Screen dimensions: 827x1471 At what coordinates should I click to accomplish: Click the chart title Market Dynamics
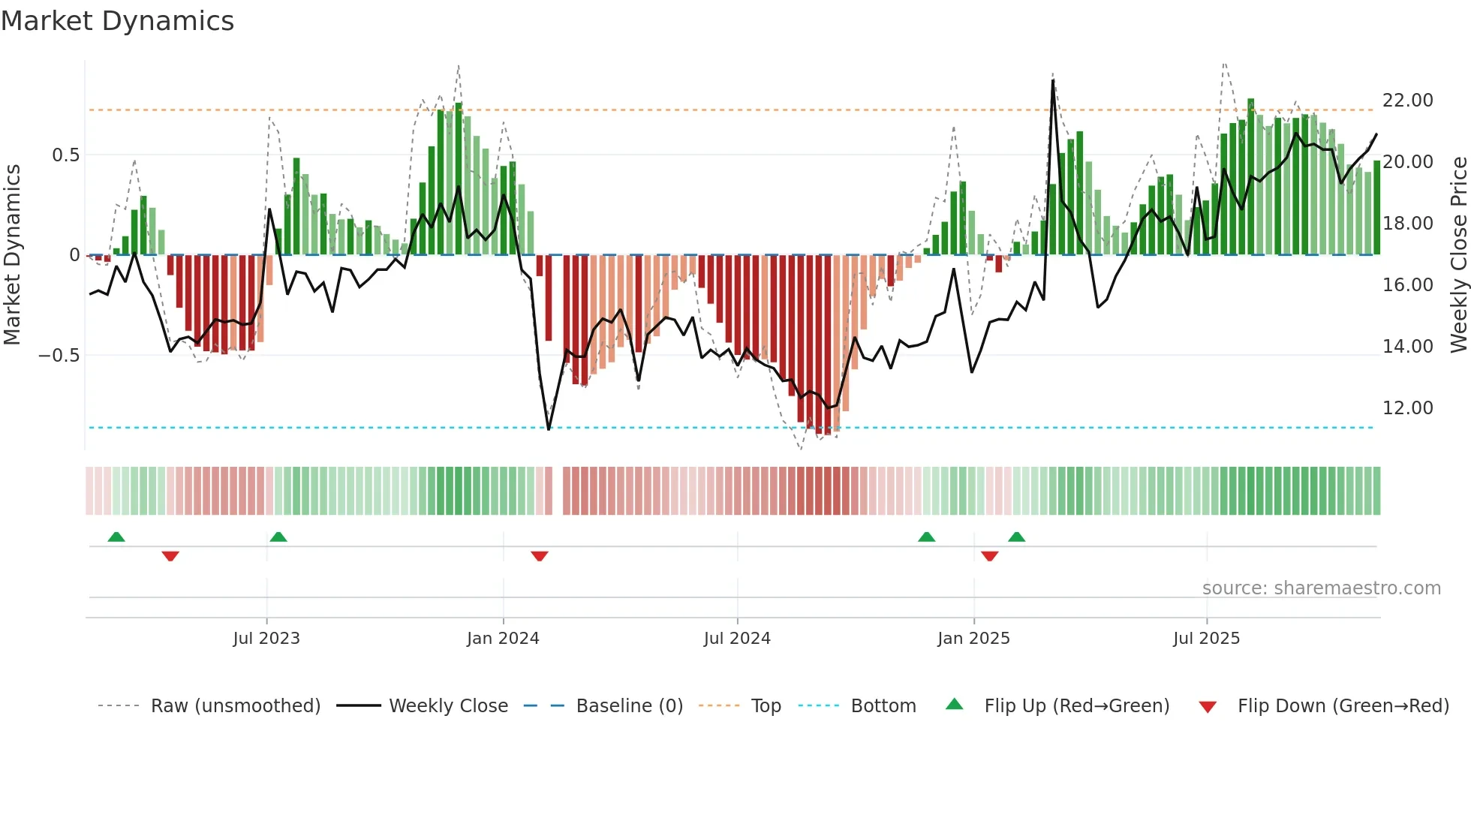(117, 21)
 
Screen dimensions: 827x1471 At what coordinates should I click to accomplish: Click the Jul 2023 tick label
(266, 639)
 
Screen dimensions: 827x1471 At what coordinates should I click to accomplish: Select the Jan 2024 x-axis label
(503, 639)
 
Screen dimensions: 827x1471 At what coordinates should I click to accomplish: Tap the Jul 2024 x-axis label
(737, 639)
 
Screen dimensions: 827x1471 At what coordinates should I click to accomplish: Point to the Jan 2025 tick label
(973, 639)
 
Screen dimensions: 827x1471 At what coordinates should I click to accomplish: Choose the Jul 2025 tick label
(1206, 639)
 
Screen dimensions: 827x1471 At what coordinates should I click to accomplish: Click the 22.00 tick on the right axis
(1407, 101)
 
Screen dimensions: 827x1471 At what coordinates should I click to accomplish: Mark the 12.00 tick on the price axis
(1407, 408)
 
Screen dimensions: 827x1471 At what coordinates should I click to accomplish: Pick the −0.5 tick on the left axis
(59, 356)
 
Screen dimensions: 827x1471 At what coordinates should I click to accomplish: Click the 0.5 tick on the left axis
(65, 155)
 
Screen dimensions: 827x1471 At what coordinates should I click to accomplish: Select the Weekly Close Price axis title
(1458, 254)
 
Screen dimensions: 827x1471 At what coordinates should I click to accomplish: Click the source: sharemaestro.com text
(1321, 588)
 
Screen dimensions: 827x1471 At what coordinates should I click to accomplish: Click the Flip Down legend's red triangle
(1208, 707)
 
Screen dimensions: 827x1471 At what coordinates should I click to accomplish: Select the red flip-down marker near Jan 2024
(540, 556)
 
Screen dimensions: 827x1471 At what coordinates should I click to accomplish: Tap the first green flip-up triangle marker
(116, 537)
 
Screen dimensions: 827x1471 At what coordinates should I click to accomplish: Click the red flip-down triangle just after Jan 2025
(989, 556)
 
